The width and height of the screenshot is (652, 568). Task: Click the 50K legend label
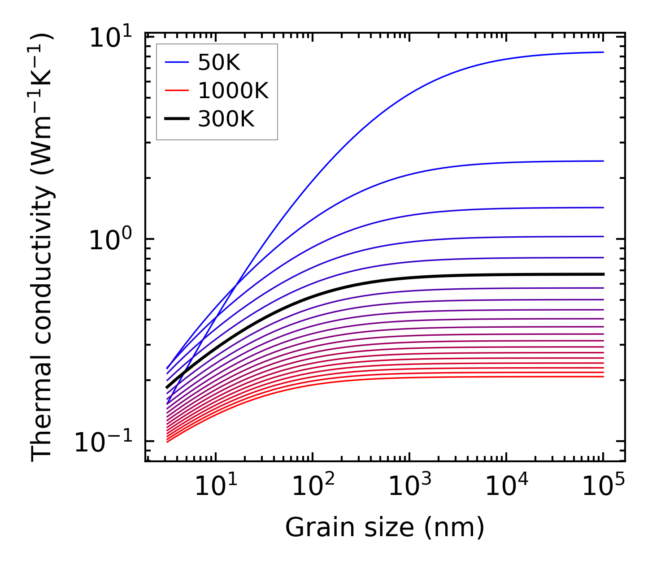pos(219,63)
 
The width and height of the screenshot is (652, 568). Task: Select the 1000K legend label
pos(233,91)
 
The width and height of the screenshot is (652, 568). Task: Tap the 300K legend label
pos(226,119)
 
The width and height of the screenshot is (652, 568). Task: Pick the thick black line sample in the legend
pos(177,119)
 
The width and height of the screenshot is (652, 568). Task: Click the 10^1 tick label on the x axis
pos(215,486)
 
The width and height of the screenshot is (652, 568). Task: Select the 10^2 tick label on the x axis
pos(312,486)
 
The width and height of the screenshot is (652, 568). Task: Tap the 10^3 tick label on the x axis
pos(409,486)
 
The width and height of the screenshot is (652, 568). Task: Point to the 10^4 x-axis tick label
pos(506,486)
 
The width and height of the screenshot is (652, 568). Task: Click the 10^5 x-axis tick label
pos(603,486)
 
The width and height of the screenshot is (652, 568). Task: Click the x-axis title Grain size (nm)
pos(385,527)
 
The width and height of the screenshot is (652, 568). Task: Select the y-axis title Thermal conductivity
pos(43,247)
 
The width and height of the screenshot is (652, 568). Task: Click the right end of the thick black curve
pos(604,274)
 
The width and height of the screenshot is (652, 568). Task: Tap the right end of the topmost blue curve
pos(604,52)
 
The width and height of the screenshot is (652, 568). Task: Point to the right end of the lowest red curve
pos(604,377)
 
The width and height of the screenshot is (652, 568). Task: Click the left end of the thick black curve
pos(167,387)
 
